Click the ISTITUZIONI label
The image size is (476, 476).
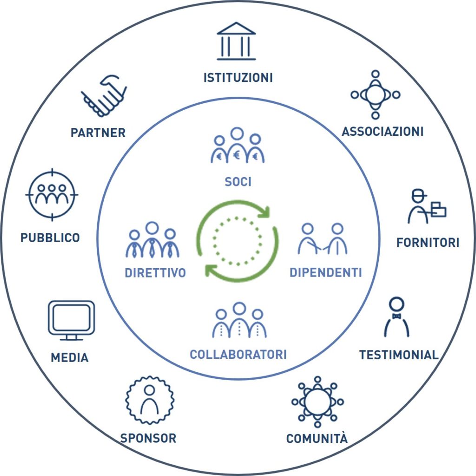(238, 77)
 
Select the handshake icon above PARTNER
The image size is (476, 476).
(105, 97)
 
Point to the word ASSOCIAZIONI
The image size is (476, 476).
(383, 132)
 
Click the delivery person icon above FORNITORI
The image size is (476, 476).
(426, 207)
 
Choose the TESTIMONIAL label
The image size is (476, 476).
(399, 355)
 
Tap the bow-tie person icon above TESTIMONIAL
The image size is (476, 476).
(397, 318)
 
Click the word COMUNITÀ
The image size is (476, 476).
(317, 438)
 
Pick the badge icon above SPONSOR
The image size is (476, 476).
(150, 400)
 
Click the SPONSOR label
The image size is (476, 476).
(148, 438)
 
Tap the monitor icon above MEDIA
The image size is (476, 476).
(71, 320)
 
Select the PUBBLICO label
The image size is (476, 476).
(50, 238)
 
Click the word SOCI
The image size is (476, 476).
(238, 182)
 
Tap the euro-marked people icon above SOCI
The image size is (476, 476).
(238, 146)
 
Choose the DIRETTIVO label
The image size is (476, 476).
(155, 273)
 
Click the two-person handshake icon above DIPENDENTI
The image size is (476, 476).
(323, 239)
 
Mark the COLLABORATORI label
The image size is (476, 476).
(238, 355)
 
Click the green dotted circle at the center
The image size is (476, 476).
(238, 241)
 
